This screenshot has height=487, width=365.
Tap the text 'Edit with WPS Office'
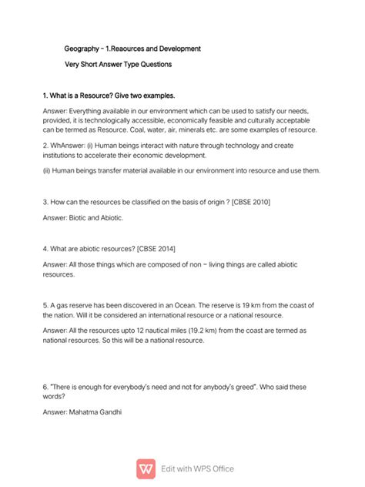197,469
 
